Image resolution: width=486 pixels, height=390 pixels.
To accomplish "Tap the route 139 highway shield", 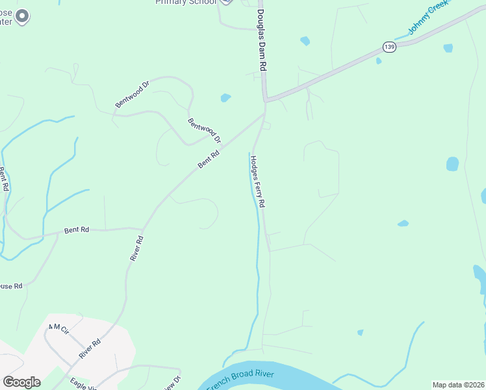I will pos(389,47).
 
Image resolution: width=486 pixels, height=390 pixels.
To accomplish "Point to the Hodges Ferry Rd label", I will pos(258,181).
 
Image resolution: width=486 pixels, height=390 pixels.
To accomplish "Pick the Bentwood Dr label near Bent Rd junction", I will pos(204,130).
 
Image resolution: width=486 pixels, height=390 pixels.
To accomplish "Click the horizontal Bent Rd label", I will pos(77,230).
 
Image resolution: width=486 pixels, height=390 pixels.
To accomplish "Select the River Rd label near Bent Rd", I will pos(136,248).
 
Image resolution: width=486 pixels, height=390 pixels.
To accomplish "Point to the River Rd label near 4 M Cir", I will pos(90,348).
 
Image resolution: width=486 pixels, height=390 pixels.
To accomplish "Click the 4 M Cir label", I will pos(58,329).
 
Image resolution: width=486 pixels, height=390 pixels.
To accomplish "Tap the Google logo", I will pos(21,382).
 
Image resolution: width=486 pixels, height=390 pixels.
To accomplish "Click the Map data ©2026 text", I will pos(457,385).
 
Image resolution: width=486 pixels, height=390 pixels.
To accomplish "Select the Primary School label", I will pos(185,3).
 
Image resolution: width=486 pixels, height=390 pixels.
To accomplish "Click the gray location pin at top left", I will pos(22,16).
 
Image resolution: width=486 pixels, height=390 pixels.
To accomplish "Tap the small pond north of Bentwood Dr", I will pos(225,98).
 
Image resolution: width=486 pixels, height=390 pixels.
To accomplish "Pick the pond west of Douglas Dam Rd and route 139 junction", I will pos(225,98).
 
